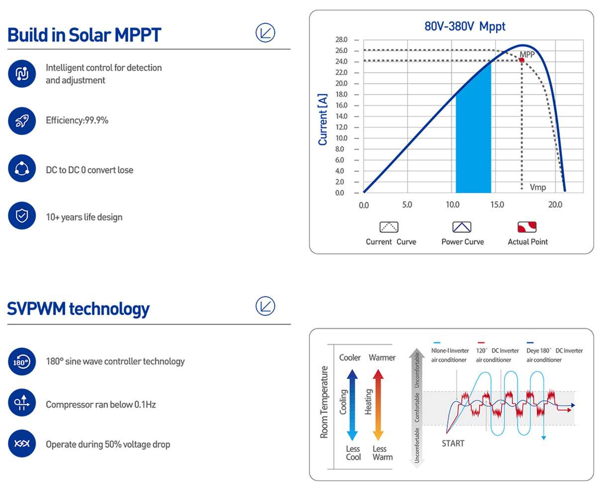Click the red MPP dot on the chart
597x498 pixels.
pos(522,60)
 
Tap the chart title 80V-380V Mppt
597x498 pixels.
pos(465,26)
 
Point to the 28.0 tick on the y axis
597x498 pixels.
pos(341,40)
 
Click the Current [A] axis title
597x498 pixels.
pos(323,119)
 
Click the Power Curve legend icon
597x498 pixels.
pos(462,227)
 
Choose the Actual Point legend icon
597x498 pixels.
pos(527,227)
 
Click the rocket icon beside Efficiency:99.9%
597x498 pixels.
pos(22,121)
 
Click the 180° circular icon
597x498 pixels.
pos(22,362)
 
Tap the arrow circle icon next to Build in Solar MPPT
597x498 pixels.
pos(265,33)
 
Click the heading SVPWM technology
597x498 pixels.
pos(79,309)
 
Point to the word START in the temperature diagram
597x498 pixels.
pos(453,443)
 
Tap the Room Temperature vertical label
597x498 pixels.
pos(324,402)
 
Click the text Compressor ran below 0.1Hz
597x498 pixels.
pos(101,404)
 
